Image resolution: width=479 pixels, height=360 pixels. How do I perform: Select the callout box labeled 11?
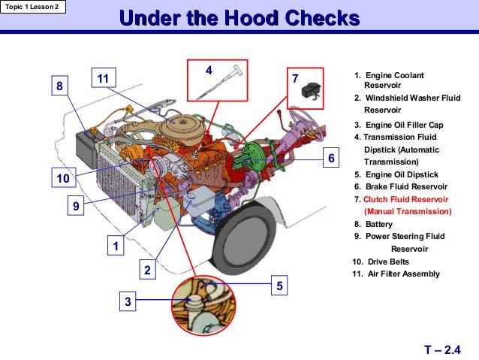(x=103, y=78)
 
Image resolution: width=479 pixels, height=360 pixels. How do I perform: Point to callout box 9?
(x=75, y=205)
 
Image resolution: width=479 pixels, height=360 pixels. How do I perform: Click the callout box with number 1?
(x=116, y=246)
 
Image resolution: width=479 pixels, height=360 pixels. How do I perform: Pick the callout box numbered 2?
(x=148, y=270)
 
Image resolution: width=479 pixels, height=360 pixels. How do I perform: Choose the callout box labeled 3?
(x=128, y=301)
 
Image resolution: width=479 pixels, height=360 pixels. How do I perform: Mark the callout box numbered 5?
(x=279, y=286)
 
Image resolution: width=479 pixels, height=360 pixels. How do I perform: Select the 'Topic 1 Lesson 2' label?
(x=33, y=8)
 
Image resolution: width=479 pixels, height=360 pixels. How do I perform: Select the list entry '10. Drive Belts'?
(x=384, y=261)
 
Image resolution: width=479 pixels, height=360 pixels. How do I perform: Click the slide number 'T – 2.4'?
(x=441, y=349)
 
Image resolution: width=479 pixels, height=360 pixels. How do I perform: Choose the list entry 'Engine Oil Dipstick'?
(x=399, y=174)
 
